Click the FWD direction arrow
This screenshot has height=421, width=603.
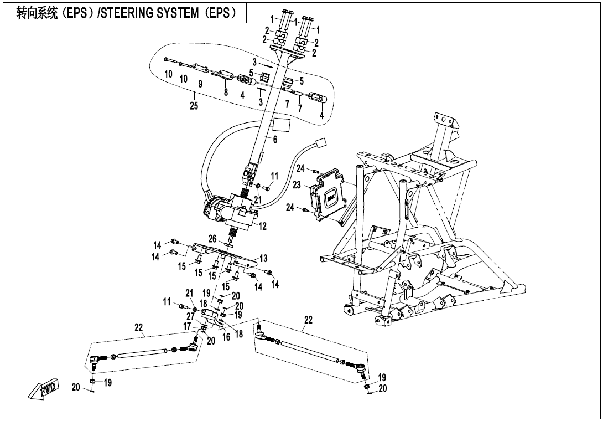(43, 389)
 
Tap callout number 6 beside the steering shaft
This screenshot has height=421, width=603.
(274, 140)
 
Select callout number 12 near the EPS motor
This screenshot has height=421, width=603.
(263, 226)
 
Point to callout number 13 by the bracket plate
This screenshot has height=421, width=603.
(263, 258)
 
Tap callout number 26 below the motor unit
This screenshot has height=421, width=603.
(212, 239)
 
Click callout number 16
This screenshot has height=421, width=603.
(226, 336)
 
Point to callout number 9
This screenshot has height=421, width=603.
(200, 84)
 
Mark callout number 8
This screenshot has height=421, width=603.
(226, 93)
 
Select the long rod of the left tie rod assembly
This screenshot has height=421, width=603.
(142, 353)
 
